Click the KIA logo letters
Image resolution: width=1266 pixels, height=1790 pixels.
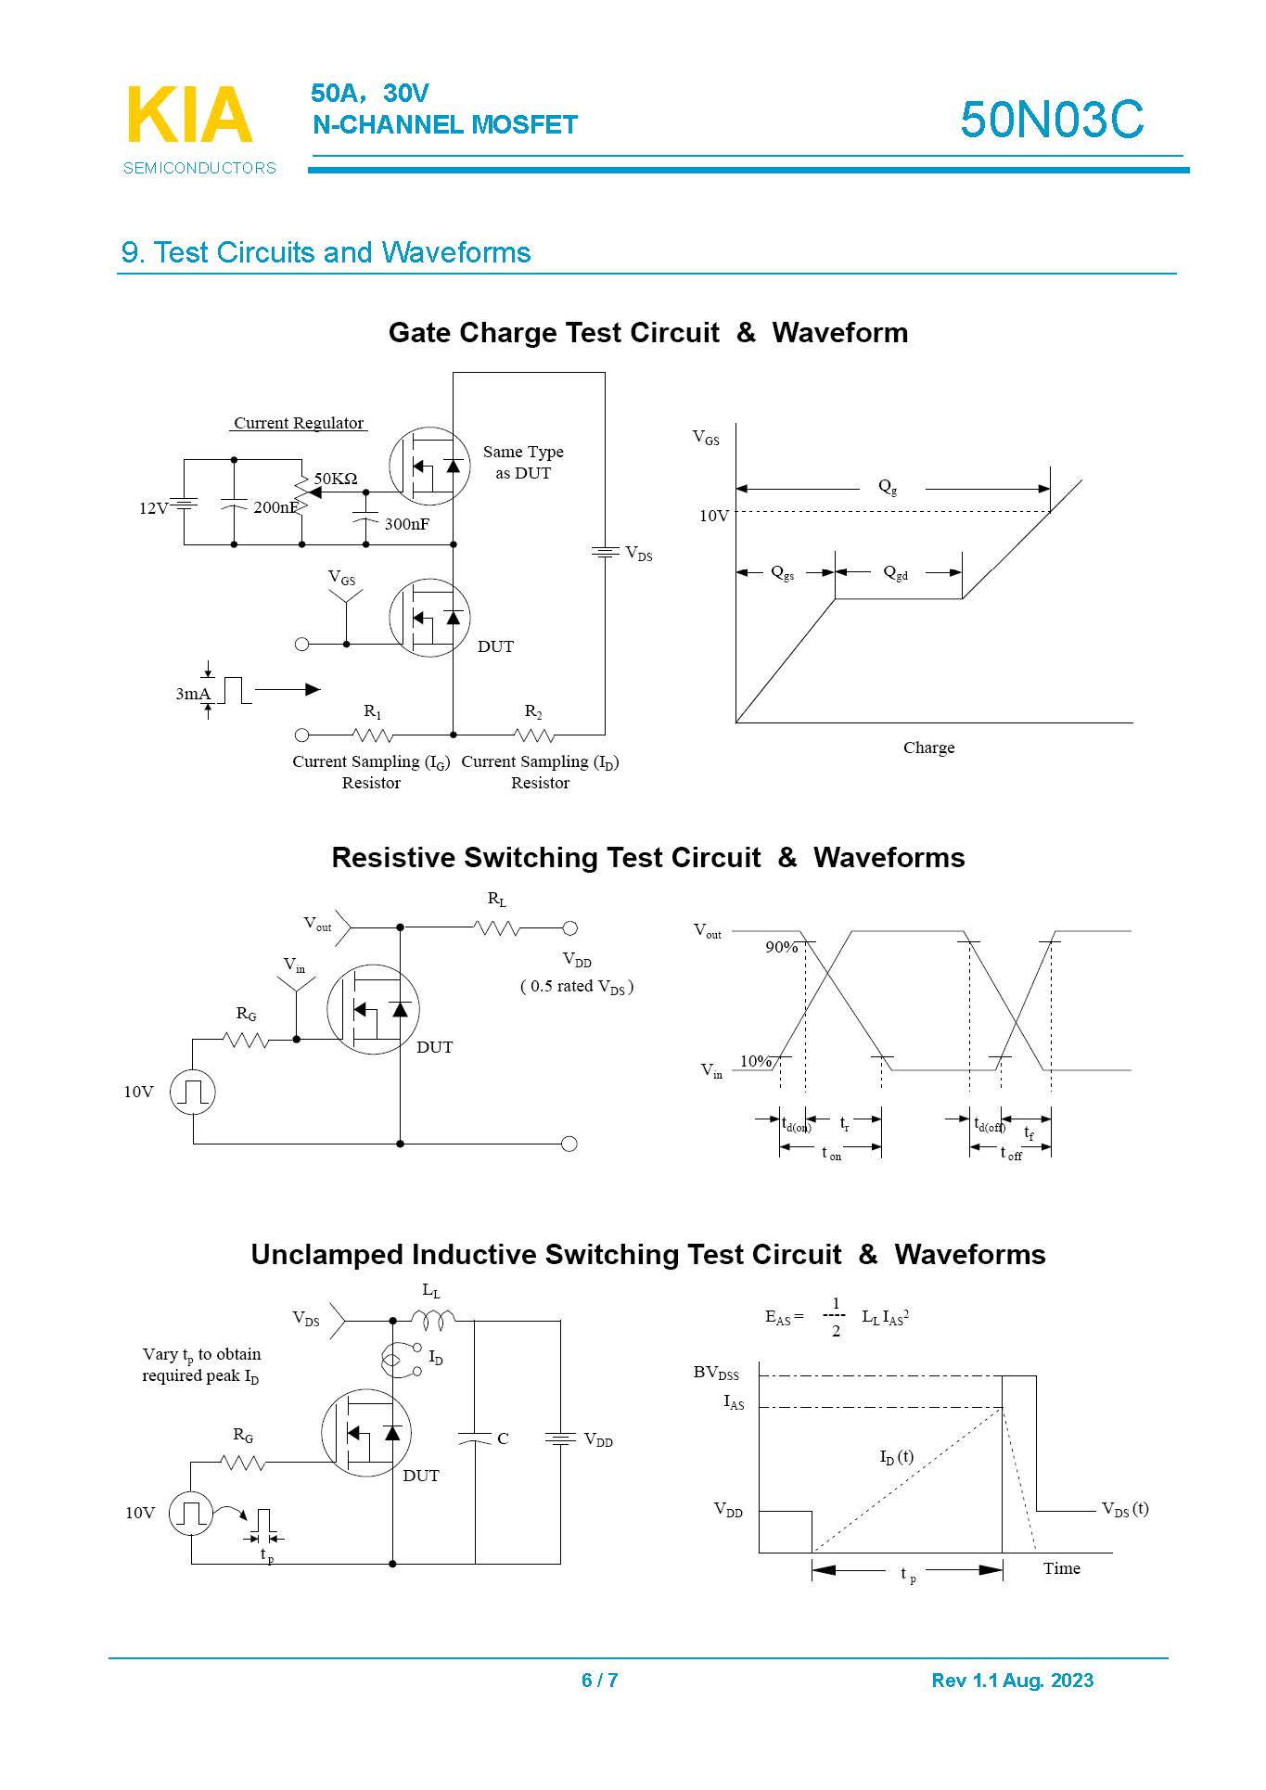(x=189, y=116)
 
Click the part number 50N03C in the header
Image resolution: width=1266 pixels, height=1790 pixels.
(x=1052, y=120)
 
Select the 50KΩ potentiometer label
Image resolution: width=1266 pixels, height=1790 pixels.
(x=336, y=479)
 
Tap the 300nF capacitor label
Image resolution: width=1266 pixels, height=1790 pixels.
(x=407, y=524)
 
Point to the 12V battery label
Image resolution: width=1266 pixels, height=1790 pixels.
(x=153, y=508)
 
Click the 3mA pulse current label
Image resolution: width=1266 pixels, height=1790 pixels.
(x=192, y=694)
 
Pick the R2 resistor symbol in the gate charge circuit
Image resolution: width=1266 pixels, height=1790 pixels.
(x=533, y=735)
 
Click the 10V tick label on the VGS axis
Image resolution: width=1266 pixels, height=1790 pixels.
(x=714, y=516)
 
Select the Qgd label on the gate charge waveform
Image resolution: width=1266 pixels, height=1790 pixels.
(x=896, y=573)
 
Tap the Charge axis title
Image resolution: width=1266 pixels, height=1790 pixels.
(x=928, y=748)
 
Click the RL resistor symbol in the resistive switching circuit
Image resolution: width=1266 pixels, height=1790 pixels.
(x=497, y=927)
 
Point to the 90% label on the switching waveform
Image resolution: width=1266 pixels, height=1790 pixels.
(x=781, y=947)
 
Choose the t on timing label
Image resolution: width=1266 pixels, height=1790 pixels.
(x=831, y=1153)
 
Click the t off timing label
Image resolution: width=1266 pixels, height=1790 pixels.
(x=1010, y=1153)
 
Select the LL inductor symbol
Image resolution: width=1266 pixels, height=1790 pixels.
(x=432, y=1318)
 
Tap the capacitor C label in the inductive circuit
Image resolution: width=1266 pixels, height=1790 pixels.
(x=503, y=1438)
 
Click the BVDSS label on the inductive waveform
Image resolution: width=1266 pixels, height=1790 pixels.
(x=716, y=1373)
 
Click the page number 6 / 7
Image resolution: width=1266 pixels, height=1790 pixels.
(x=600, y=1680)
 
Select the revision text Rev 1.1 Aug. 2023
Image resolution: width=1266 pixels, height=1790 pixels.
(x=1012, y=1680)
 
